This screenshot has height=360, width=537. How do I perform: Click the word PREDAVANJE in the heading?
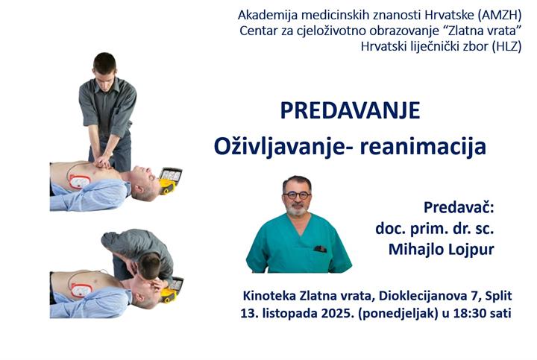click(350, 111)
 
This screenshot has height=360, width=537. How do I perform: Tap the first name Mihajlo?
click(415, 249)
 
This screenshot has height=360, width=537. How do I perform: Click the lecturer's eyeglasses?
click(297, 195)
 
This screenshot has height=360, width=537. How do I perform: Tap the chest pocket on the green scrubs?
click(320, 249)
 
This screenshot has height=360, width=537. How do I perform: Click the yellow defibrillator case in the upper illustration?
click(171, 179)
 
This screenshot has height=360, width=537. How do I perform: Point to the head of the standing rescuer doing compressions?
click(104, 63)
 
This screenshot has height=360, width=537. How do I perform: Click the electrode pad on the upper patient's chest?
click(79, 180)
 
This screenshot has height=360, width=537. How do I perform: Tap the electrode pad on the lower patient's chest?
click(78, 283)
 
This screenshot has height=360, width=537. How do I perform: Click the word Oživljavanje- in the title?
click(271, 145)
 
